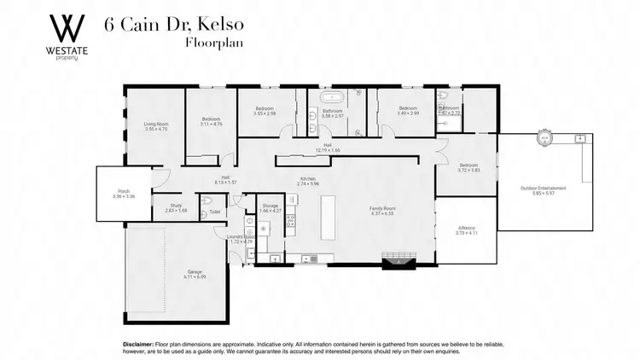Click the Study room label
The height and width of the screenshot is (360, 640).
(x=176, y=205)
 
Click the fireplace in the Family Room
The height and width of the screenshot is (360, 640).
(x=397, y=258)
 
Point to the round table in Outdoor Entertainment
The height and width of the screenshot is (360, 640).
(x=544, y=136)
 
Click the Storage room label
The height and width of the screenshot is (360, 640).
(x=271, y=206)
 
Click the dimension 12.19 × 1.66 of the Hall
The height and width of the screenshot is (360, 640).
(x=328, y=150)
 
